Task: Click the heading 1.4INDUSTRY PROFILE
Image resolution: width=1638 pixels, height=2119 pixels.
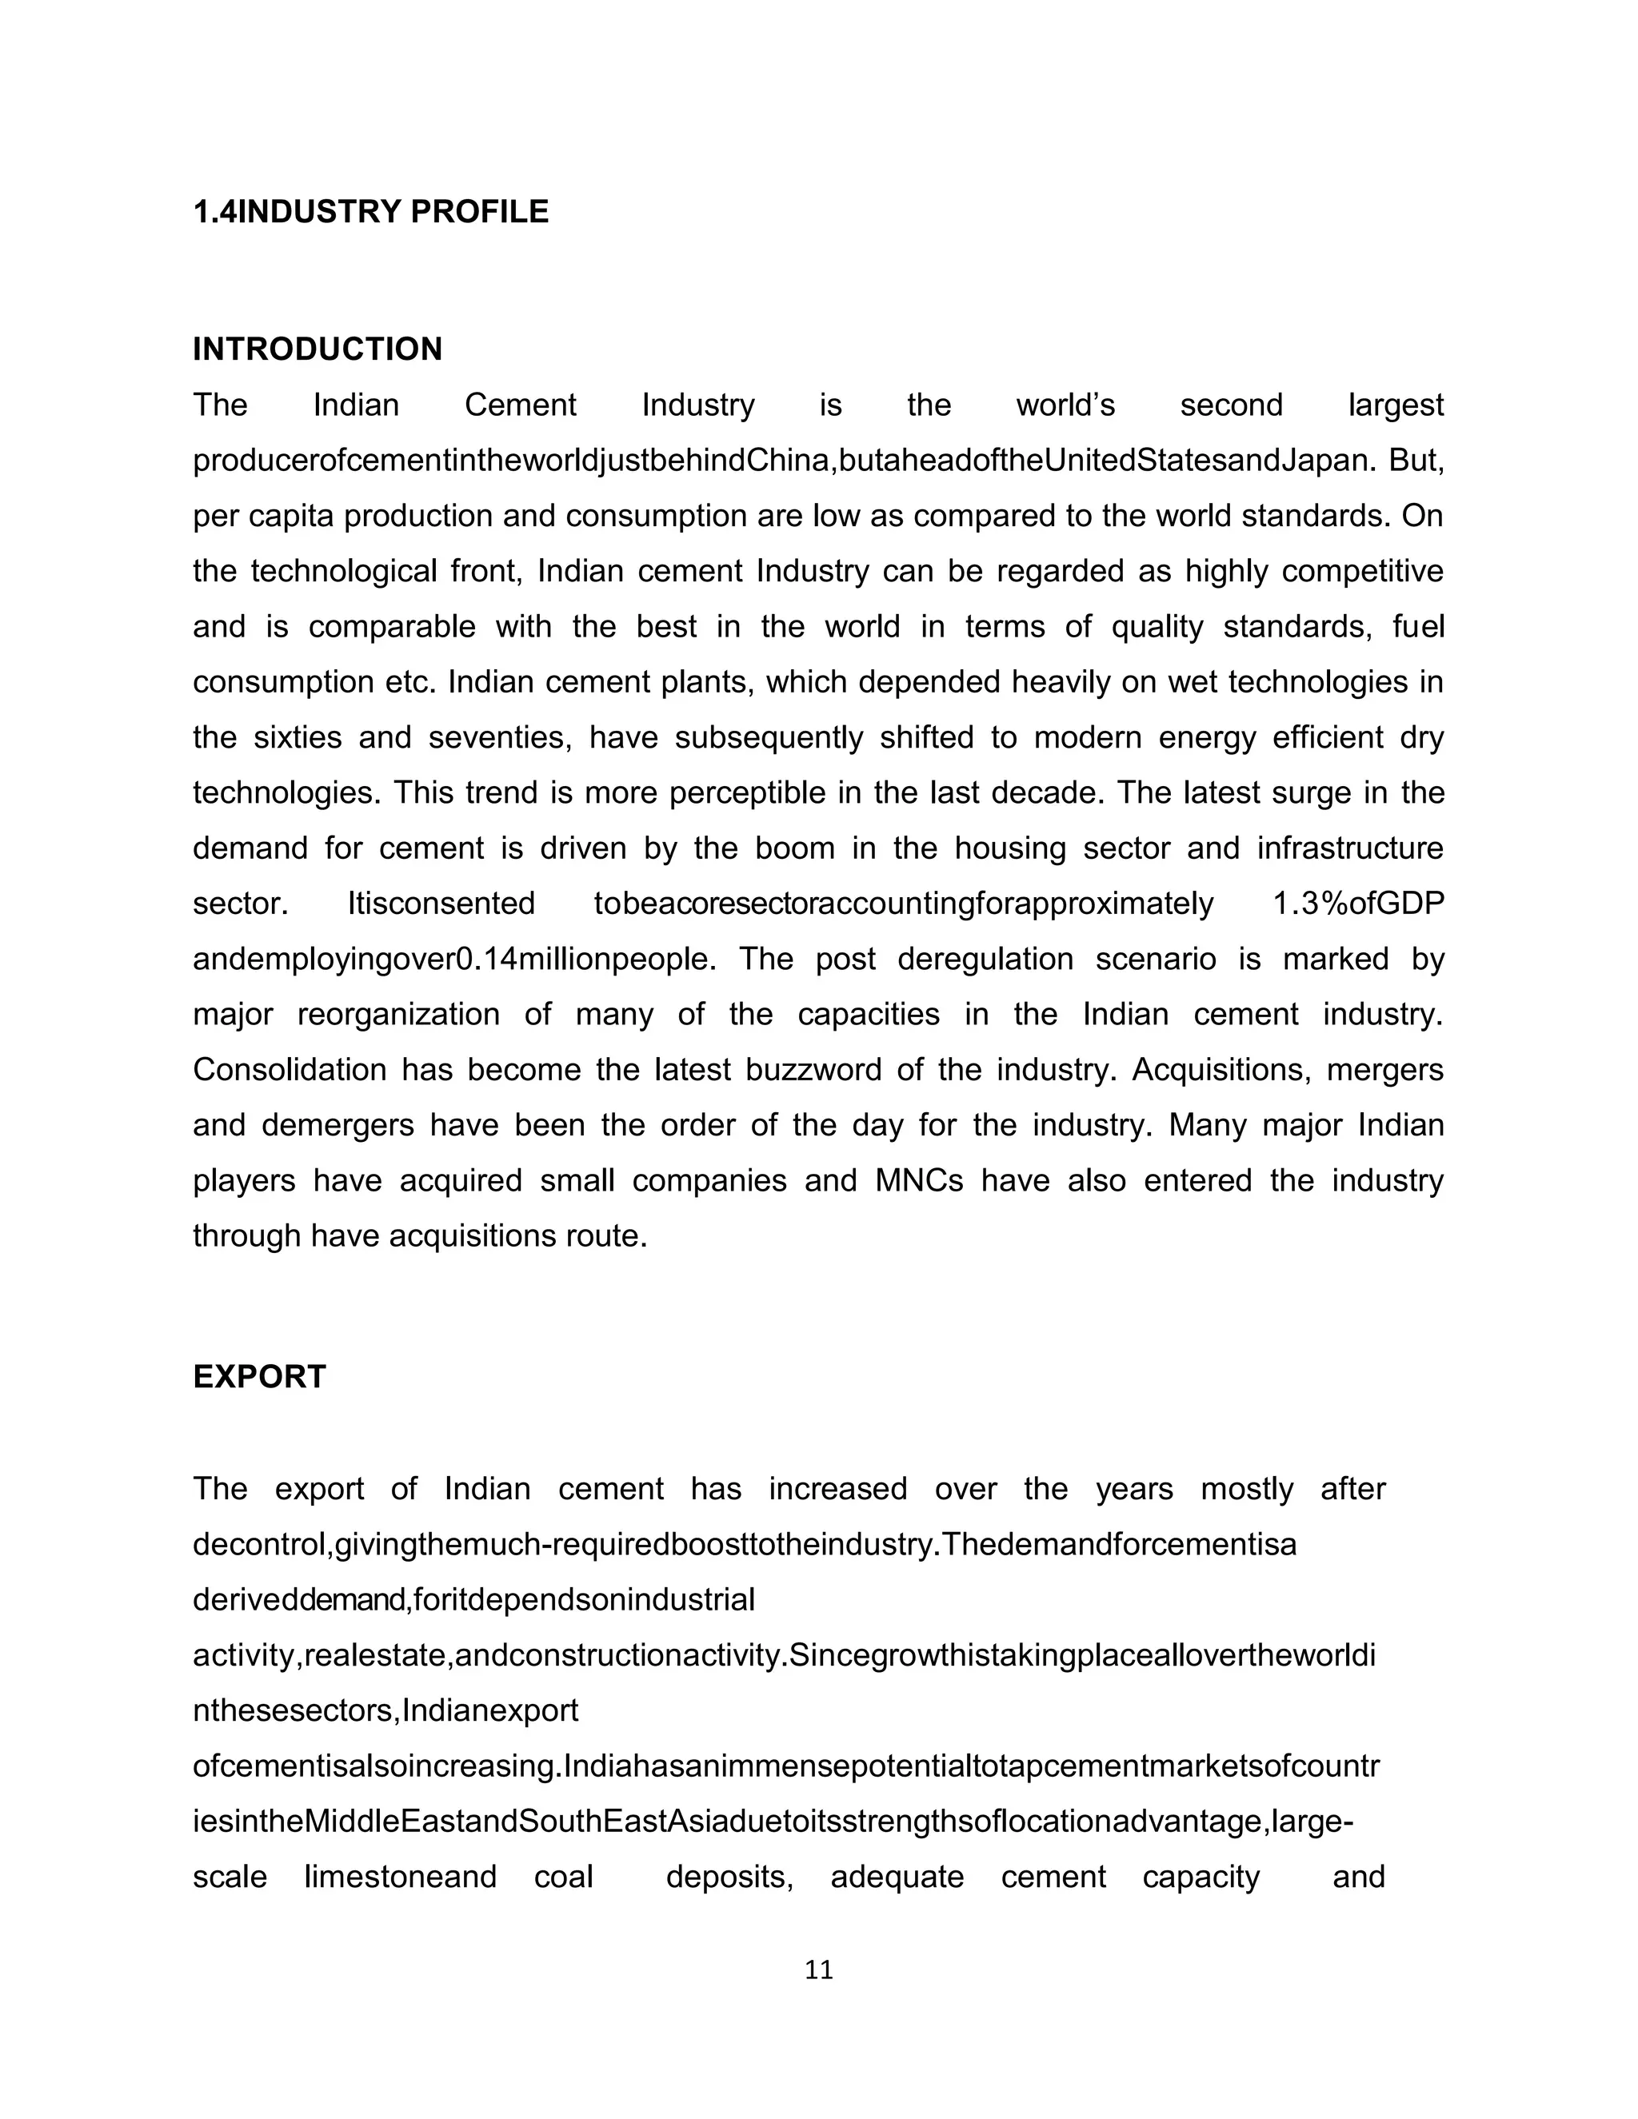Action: (x=370, y=212)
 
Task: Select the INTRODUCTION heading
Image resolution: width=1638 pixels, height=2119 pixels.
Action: (x=318, y=349)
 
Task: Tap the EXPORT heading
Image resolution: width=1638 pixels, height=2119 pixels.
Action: (x=259, y=1377)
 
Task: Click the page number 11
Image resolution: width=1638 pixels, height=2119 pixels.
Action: (x=819, y=1969)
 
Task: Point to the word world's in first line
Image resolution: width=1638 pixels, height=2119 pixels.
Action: (x=1065, y=405)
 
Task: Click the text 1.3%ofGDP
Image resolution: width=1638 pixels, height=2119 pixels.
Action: (x=1357, y=904)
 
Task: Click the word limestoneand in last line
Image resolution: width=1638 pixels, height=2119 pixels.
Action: (x=400, y=1877)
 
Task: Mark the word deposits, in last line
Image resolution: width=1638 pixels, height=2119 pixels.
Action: (x=729, y=1877)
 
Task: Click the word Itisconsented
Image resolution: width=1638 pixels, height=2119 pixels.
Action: (x=441, y=904)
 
